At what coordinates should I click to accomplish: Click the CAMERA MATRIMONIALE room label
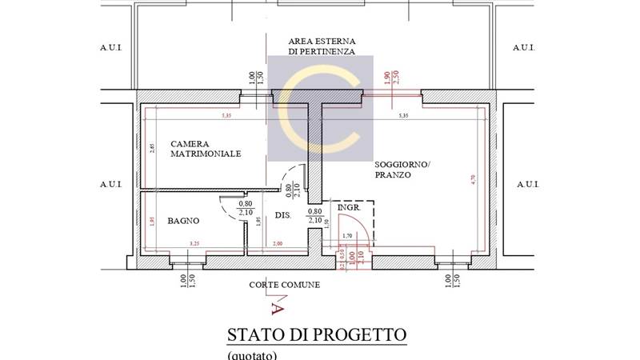point(206,149)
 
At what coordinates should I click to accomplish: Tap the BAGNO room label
point(183,221)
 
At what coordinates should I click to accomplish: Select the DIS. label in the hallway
point(282,215)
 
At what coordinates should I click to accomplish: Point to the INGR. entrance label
point(349,207)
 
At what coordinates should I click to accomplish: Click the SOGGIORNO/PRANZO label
point(402,169)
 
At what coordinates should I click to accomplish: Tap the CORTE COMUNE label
point(284,284)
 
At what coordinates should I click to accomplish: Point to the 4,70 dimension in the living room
point(473,180)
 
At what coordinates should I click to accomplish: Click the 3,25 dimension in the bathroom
point(194,242)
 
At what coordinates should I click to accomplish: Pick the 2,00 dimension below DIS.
point(278,242)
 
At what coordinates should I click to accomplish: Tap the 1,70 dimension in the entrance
point(347,236)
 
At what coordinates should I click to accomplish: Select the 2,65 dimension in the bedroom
point(152,150)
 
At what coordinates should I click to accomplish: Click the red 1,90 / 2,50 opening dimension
point(390,78)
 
